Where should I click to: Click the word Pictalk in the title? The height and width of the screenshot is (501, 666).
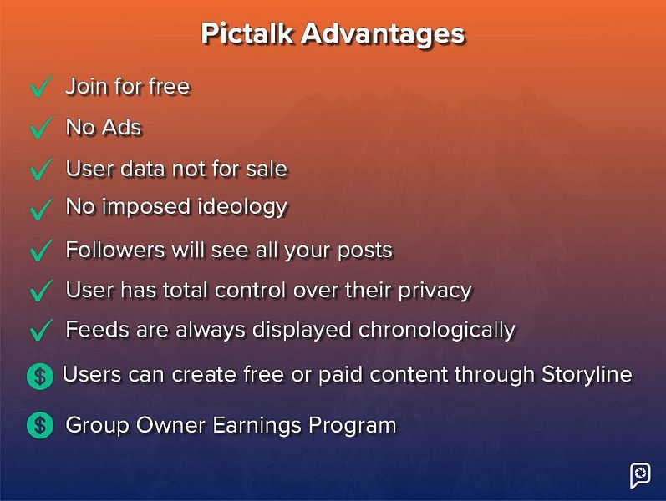247,33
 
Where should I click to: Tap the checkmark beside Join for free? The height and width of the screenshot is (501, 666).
41,88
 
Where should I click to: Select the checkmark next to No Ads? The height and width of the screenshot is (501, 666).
41,129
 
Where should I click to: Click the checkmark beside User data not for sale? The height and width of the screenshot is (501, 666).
41,170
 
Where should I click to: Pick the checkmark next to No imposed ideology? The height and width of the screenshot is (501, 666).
41,209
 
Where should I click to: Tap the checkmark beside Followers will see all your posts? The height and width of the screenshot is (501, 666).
41,250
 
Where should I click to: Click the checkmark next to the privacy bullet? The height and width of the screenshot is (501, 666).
41,291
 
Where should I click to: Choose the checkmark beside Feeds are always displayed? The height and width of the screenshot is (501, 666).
41,331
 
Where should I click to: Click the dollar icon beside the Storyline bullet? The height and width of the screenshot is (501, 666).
40,377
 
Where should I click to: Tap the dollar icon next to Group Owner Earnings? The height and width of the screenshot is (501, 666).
40,425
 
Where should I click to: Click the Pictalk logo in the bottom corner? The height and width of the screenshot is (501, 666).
640,475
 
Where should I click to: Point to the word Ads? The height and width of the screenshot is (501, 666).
122,128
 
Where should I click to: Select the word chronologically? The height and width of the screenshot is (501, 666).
436,330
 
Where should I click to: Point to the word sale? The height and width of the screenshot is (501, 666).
267,169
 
